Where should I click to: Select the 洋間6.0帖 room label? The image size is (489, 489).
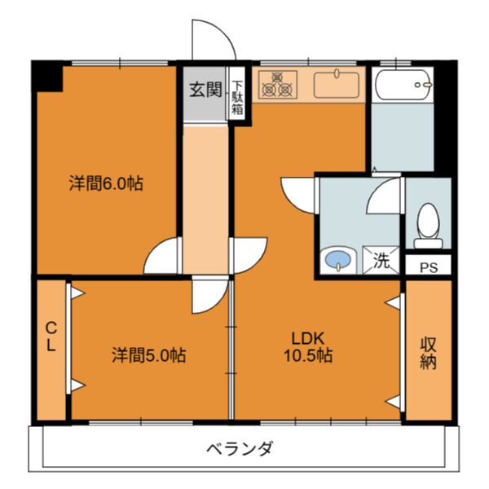[x=105, y=183]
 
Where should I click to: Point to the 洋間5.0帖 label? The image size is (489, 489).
[x=148, y=355]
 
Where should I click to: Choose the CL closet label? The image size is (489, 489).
[x=51, y=337]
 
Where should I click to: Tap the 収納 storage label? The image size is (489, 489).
[x=429, y=352]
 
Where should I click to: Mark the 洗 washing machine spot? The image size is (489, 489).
[x=381, y=262]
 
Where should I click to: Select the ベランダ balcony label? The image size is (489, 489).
[x=239, y=448]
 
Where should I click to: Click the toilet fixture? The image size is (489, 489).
[x=428, y=225]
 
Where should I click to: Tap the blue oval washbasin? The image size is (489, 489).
[x=336, y=262]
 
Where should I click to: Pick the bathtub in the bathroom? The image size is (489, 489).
[x=402, y=85]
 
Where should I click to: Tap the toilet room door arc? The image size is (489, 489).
[x=385, y=196]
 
